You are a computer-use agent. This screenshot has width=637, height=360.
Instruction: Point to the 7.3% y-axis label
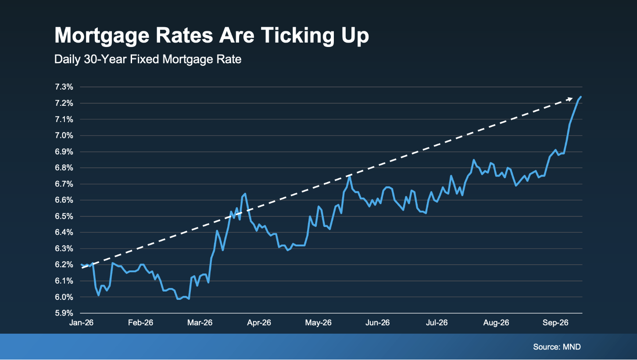pyautogui.click(x=64, y=87)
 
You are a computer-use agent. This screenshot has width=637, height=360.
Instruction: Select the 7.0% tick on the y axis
pyautogui.click(x=64, y=136)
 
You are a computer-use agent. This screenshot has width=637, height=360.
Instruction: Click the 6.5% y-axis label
pyautogui.click(x=64, y=216)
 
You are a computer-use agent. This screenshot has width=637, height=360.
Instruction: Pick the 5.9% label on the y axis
pyautogui.click(x=64, y=313)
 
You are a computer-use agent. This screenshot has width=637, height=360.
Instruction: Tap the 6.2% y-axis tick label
pyautogui.click(x=64, y=265)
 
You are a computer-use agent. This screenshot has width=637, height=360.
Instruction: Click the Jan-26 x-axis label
pyautogui.click(x=81, y=322)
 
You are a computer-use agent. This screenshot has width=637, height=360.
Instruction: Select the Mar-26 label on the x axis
pyautogui.click(x=200, y=322)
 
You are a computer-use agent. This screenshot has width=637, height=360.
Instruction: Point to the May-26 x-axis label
pyautogui.click(x=318, y=322)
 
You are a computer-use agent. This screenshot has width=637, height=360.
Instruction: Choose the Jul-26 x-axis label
pyautogui.click(x=437, y=322)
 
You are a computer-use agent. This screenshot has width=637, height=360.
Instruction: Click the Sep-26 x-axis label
pyautogui.click(x=555, y=322)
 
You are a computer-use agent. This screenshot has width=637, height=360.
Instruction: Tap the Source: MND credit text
pyautogui.click(x=557, y=347)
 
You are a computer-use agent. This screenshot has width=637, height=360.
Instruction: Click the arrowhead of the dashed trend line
pyautogui.click(x=569, y=99)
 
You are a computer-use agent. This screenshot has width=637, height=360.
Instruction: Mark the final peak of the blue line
pyautogui.click(x=581, y=97)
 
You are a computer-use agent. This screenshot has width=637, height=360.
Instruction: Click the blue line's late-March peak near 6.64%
pyautogui.click(x=245, y=194)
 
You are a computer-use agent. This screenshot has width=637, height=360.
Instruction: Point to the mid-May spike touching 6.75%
pyautogui.click(x=350, y=177)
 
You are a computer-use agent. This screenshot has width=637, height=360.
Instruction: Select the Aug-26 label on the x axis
pyautogui.click(x=496, y=322)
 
